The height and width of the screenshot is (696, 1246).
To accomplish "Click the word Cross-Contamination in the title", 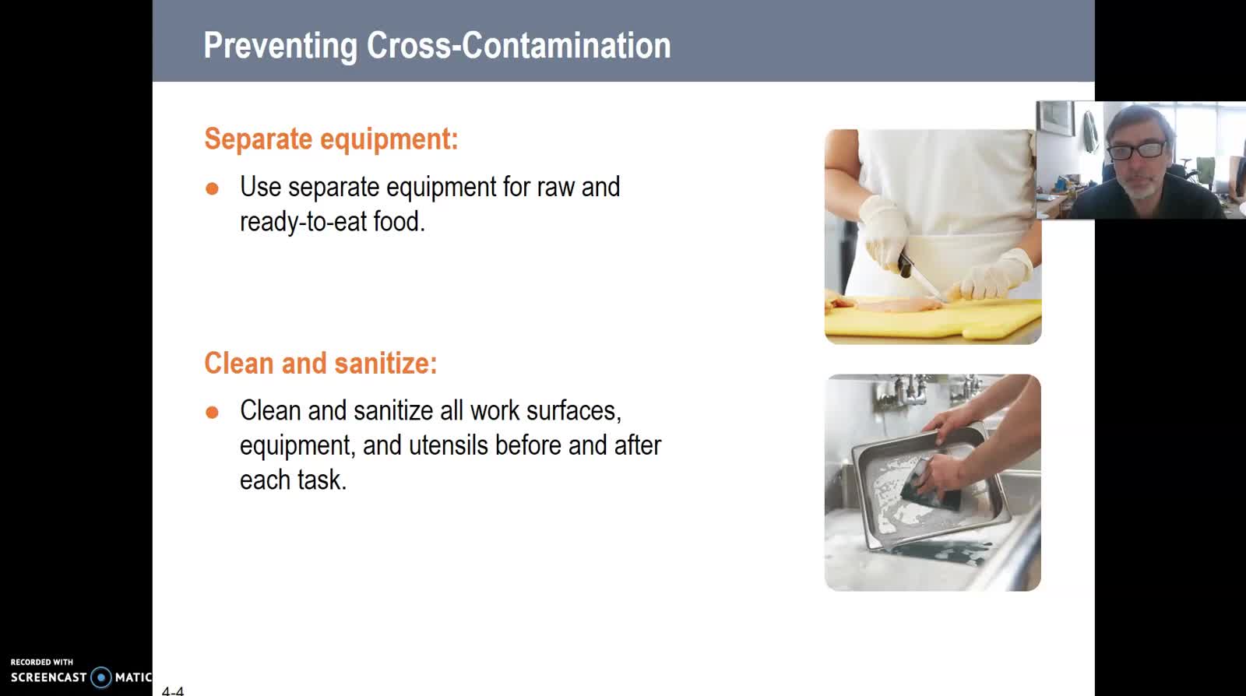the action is click(x=519, y=45).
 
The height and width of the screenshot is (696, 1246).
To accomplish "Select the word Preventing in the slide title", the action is click(x=280, y=46).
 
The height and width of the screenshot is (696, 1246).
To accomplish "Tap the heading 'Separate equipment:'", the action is click(x=332, y=139).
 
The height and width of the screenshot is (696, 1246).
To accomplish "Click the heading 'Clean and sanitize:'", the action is click(x=321, y=363).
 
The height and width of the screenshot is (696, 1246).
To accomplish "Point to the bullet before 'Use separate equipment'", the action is click(x=212, y=188).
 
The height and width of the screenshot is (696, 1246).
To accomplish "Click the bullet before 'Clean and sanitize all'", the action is click(x=212, y=412).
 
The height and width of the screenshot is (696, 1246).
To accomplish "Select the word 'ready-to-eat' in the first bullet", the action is click(x=303, y=223).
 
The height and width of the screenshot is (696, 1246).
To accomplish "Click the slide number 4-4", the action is click(x=173, y=691).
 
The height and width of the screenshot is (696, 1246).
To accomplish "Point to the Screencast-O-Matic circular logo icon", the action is click(x=101, y=677).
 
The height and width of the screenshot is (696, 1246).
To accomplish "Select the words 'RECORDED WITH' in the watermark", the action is click(x=42, y=662).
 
